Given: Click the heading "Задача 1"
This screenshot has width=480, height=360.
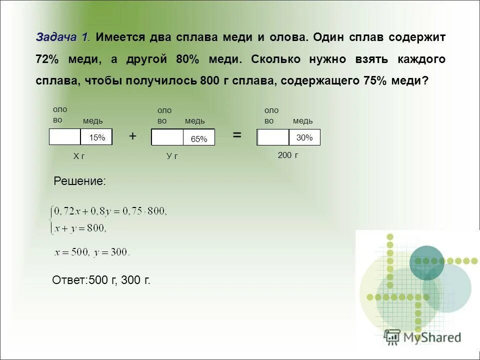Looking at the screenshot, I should click(62, 37).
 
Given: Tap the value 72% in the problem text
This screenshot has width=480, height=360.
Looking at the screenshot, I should click(47, 59).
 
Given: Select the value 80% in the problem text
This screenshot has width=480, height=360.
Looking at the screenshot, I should click(187, 59).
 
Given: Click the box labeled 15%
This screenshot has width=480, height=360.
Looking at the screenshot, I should click(96, 137).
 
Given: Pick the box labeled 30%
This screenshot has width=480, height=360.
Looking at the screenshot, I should click(304, 137).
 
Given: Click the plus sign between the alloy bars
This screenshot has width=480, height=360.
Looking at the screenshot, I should click(132, 136).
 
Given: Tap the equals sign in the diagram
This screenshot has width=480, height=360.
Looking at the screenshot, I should click(236, 135).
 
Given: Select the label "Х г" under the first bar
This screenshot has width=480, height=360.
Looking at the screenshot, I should click(79, 156).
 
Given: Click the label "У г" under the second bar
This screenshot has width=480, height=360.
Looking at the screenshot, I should click(172, 156).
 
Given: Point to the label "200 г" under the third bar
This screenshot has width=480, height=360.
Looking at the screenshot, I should click(288, 155).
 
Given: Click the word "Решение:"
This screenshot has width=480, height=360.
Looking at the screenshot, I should click(79, 181).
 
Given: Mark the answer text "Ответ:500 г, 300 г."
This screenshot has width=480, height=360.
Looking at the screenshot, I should click(101, 280).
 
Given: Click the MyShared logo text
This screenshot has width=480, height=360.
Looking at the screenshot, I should click(431, 337).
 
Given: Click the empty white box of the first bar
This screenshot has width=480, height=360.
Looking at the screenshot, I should click(65, 137).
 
